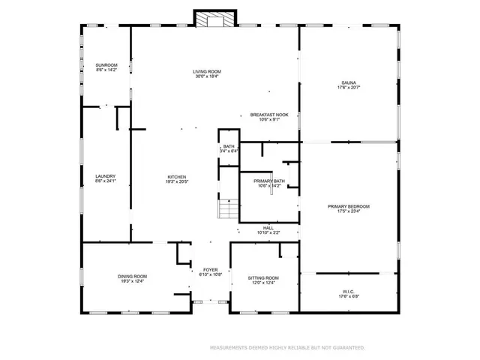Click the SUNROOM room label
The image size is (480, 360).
click(x=106, y=65)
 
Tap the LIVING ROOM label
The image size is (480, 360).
click(x=207, y=72)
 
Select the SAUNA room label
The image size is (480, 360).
click(x=349, y=83)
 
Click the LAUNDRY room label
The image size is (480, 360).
click(x=105, y=176)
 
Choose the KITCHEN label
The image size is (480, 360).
click(x=177, y=176)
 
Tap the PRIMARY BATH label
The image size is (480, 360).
click(x=268, y=181)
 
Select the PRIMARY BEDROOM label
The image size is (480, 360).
click(x=349, y=206)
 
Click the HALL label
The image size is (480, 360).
click(x=268, y=228)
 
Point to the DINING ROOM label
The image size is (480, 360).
click(x=131, y=276)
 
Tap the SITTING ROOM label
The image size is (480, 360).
click(x=263, y=277)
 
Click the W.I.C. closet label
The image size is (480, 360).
click(x=349, y=290)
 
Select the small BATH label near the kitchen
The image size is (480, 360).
click(x=229, y=147)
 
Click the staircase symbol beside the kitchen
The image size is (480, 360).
click(x=227, y=209)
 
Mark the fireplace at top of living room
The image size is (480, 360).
click(x=215, y=19)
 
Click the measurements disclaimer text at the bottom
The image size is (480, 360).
click(x=287, y=348)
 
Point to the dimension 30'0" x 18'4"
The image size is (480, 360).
click(x=207, y=76)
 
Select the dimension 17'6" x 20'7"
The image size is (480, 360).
click(x=349, y=88)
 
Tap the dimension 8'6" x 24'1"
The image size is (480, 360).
click(x=105, y=181)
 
